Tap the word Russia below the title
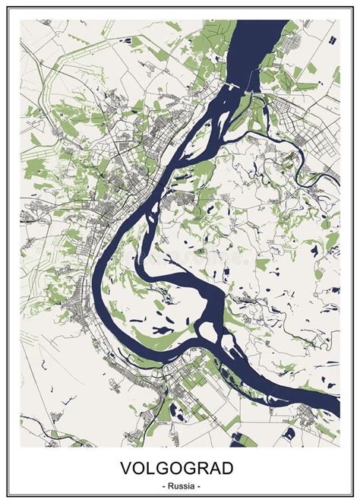coord(181,485)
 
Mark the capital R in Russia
coord(170,485)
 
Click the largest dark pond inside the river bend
coord(161,331)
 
